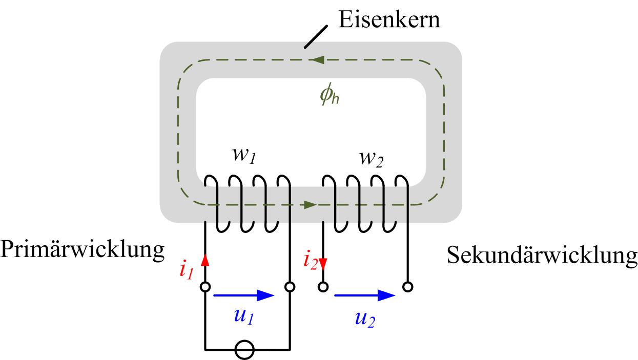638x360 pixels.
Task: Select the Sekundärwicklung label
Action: [x=542, y=255]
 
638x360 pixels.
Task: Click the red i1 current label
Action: [x=186, y=269]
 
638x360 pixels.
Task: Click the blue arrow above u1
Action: [x=244, y=295]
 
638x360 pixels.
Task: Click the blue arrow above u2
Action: [x=364, y=295]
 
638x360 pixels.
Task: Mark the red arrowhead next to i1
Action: [x=205, y=261]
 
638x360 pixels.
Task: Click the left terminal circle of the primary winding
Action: [x=205, y=287]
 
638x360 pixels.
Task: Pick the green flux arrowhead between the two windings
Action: [x=309, y=205]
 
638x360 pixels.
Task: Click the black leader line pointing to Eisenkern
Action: [x=315, y=38]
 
